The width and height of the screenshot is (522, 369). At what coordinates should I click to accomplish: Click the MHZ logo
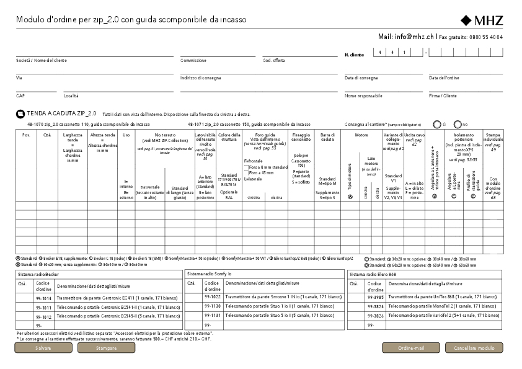[482, 20]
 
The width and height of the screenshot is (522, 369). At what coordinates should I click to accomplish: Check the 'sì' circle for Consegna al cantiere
[436, 124]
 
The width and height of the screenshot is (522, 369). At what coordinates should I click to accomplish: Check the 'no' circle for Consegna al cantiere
[458, 124]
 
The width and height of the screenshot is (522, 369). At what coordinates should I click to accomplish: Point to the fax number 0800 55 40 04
[486, 37]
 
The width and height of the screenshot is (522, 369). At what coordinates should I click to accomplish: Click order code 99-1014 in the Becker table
[45, 298]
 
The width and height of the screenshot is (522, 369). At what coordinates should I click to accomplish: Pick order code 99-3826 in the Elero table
[376, 316]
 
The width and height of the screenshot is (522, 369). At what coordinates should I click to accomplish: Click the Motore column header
[361, 135]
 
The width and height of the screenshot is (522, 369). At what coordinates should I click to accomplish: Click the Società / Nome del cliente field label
[42, 61]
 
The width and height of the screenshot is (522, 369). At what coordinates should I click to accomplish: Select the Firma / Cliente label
[443, 96]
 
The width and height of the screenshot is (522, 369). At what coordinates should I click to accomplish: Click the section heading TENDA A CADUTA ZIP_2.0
[61, 114]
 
